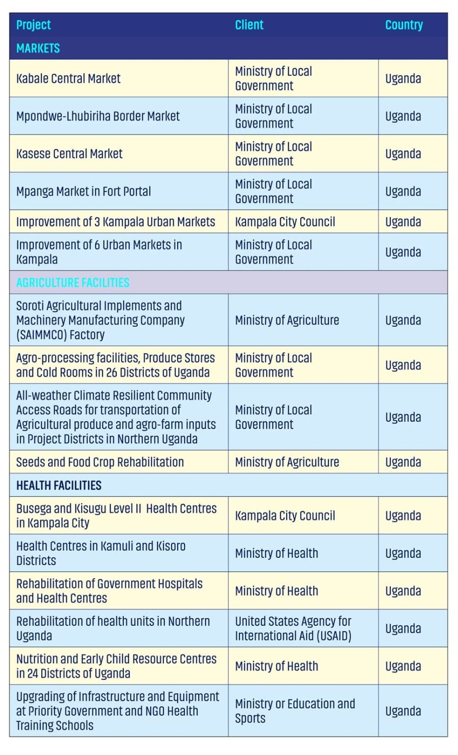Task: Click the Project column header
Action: tap(33, 25)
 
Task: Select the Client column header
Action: tap(249, 25)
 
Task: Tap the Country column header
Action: tap(404, 25)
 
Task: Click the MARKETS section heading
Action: tap(38, 48)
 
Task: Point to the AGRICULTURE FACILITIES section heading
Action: tap(73, 283)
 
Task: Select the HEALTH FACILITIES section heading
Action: tap(59, 486)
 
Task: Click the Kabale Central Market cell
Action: tap(68, 79)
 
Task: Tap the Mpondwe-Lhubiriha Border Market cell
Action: tap(98, 116)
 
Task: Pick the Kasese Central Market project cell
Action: tap(69, 154)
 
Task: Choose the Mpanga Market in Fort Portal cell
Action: tap(83, 192)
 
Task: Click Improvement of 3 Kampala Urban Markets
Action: tap(115, 222)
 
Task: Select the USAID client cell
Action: tap(293, 629)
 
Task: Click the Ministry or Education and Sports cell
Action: tap(295, 711)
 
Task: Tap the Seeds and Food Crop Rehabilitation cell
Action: tap(100, 463)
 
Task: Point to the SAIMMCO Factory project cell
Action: tap(100, 320)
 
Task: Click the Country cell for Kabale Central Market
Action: tap(403, 79)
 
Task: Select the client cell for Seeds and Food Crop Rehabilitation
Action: tap(287, 463)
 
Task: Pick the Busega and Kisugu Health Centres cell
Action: tap(116, 516)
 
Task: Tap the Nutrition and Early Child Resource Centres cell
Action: tap(116, 666)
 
